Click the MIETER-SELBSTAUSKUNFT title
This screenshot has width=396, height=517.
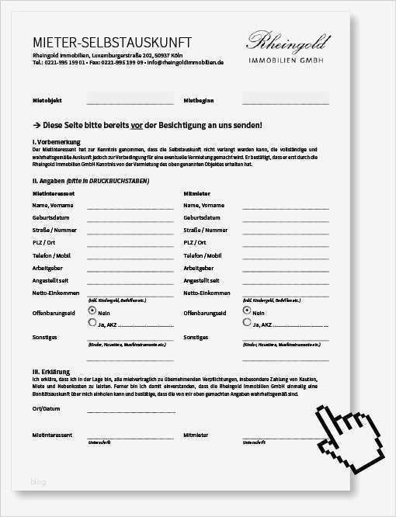[112, 43]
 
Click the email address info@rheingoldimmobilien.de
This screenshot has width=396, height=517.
[186, 62]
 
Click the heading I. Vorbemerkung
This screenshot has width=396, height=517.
[57, 142]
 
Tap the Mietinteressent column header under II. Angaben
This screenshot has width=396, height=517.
[54, 192]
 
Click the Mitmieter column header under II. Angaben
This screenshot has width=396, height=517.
[196, 192]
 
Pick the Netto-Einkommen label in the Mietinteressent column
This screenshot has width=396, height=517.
[55, 293]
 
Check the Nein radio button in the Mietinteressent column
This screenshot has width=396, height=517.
[92, 308]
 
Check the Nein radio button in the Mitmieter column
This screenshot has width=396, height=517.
[247, 308]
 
